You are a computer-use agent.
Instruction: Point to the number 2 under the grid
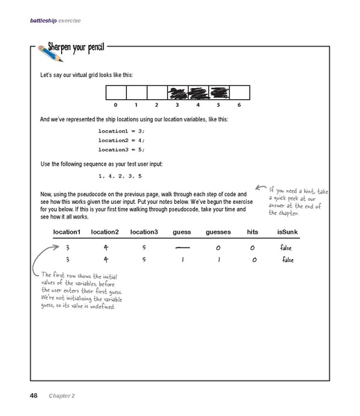tap(157, 105)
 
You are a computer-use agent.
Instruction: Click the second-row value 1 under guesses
tap(218, 260)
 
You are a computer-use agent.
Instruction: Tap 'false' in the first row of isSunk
tap(287, 247)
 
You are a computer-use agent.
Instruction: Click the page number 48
tap(33, 395)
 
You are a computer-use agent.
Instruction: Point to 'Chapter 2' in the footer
tap(62, 395)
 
